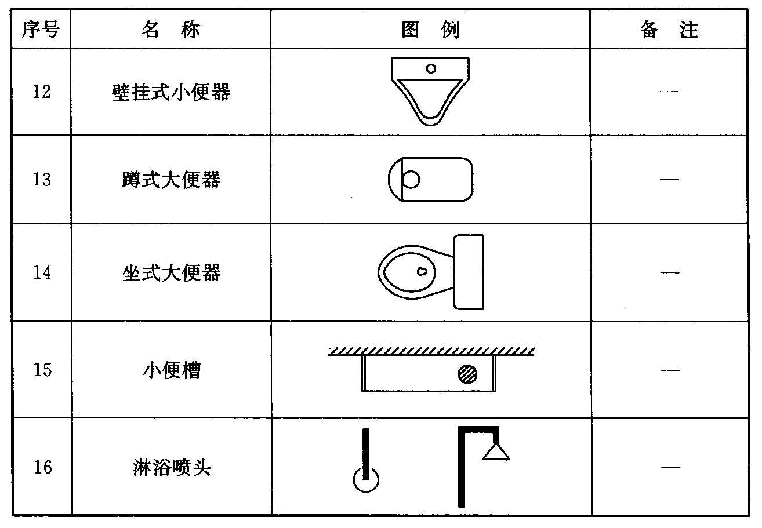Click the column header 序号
coord(41,30)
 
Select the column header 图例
coord(430,30)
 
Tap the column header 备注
coord(669,30)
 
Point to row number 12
coord(41,92)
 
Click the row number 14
coord(42,272)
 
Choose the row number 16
coord(42,467)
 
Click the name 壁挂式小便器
coord(170,92)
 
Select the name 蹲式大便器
coord(170,180)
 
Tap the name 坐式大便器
coord(170,272)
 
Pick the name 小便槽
coord(170,370)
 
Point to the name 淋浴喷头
coord(170,467)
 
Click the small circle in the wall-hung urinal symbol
coord(431,68)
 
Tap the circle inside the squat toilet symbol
coord(411,180)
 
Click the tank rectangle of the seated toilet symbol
coord(469,272)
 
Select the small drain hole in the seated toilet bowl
coord(422,271)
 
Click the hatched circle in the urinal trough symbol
coord(467,374)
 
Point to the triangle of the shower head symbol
coord(496,451)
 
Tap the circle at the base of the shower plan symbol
coord(366,479)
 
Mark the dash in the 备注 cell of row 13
coord(669,180)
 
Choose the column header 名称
coord(170,30)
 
